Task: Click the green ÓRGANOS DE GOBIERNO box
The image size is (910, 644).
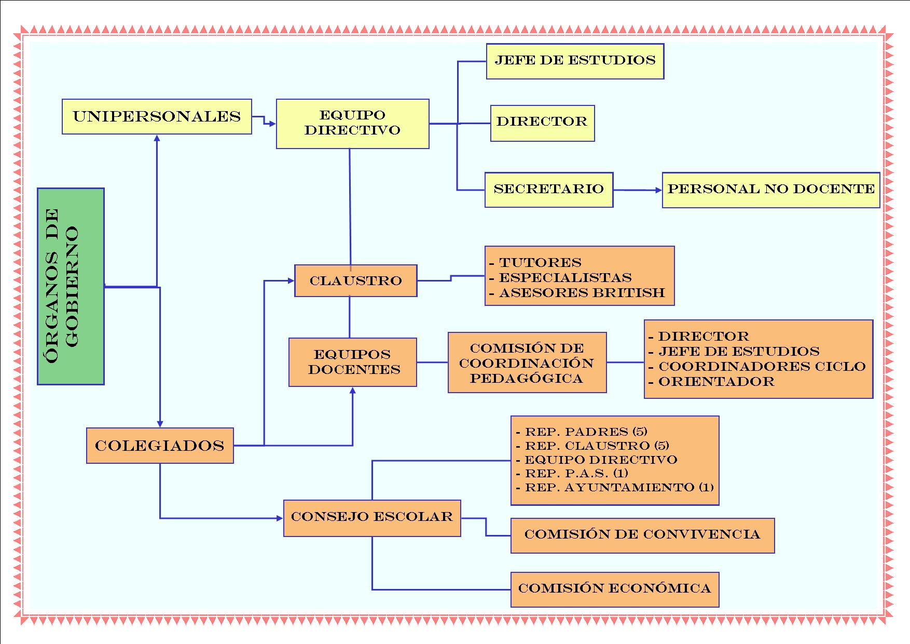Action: tap(71, 286)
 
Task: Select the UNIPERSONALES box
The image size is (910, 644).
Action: tap(157, 116)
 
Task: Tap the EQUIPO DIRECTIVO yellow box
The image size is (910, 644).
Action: tap(352, 124)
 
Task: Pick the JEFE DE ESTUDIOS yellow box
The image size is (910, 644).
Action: tap(575, 61)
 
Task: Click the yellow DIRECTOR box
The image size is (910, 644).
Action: tap(542, 123)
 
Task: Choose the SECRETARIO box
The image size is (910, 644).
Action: tap(548, 190)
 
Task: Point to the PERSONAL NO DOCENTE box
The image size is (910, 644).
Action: tap(771, 190)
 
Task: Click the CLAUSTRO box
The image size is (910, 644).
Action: tap(355, 281)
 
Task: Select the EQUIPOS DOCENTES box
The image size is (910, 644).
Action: tap(352, 362)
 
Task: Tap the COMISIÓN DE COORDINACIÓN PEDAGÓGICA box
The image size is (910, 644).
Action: tap(527, 363)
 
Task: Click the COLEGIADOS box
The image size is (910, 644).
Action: tap(160, 446)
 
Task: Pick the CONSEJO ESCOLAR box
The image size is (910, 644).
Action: tap(371, 517)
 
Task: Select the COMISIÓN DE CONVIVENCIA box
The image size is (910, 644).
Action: tap(642, 535)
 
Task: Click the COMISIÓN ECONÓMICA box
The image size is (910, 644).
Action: tap(614, 589)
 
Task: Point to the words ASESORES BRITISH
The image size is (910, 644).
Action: tap(582, 293)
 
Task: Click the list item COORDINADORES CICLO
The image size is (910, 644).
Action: tap(762, 366)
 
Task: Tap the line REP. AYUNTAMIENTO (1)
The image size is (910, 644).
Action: tap(619, 488)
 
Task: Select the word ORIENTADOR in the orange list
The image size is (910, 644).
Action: tap(716, 382)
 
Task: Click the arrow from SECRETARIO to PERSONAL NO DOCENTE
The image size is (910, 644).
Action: tap(638, 190)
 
